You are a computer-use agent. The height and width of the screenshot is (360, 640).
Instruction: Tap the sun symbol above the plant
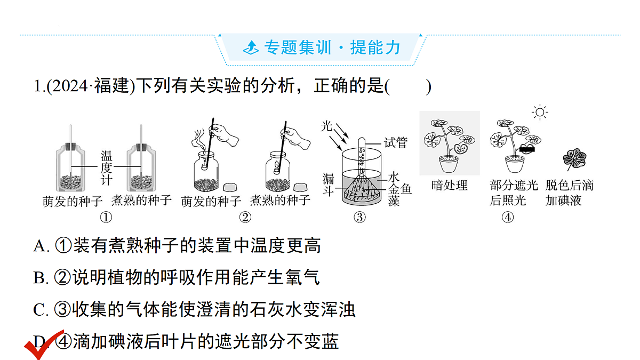click(x=540, y=112)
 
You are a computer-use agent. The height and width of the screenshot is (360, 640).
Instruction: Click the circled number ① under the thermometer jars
click(x=106, y=218)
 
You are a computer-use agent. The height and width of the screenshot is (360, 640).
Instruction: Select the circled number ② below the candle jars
click(x=245, y=218)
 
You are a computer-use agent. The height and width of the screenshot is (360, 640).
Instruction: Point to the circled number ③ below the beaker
click(x=359, y=218)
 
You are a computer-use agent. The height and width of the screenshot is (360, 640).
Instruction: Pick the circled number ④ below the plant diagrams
click(x=508, y=218)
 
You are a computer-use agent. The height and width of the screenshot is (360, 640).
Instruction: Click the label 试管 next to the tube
click(x=396, y=142)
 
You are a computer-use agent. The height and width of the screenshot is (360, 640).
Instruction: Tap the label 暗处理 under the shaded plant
click(x=450, y=186)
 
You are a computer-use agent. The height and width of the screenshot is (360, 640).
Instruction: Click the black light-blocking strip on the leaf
click(x=527, y=149)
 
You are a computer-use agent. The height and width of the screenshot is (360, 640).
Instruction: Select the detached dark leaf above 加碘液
click(x=574, y=158)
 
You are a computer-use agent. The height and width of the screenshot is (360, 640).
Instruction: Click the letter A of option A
click(x=40, y=246)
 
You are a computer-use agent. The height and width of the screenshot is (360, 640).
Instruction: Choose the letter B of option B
click(x=39, y=278)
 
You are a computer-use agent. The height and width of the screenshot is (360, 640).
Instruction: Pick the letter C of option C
click(x=39, y=310)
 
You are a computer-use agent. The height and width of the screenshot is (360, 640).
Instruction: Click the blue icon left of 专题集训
click(x=251, y=47)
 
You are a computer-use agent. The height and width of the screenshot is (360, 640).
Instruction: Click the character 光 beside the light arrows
click(x=326, y=126)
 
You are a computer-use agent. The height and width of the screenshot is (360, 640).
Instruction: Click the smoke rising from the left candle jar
click(x=198, y=139)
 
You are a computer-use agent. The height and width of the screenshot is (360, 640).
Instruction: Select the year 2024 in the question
click(x=69, y=86)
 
